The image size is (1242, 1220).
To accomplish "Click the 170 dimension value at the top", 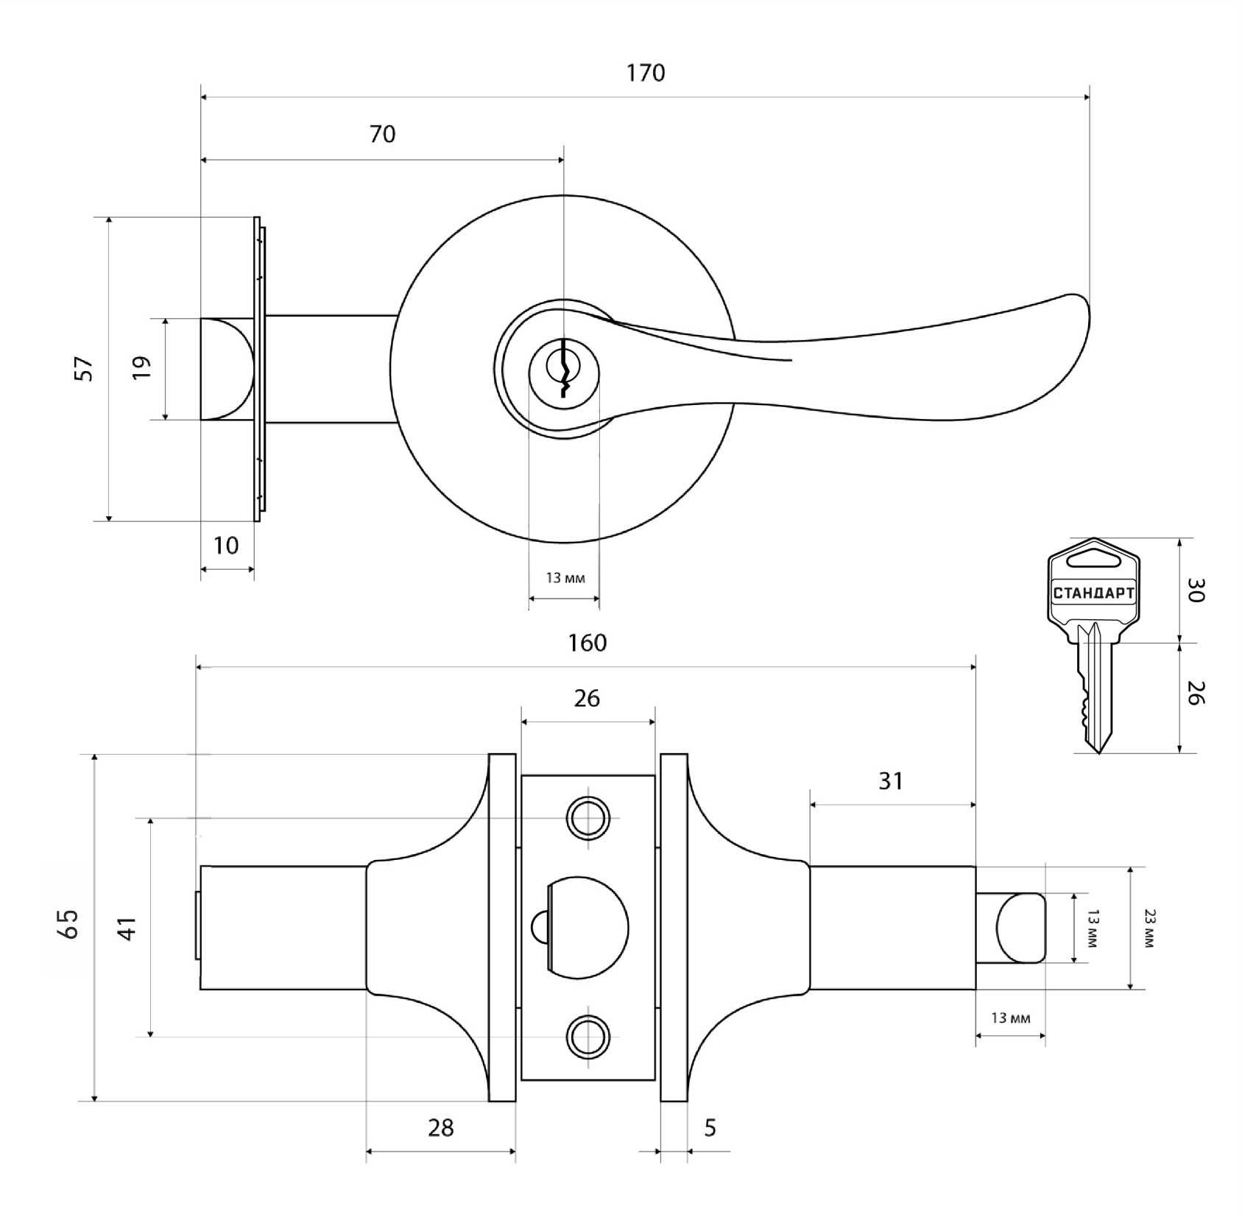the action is coord(645,72).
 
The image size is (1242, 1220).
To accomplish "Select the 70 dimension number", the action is coord(382,134).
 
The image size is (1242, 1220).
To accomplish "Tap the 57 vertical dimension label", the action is coord(85,368).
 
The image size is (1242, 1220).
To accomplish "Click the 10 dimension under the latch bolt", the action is coord(226,546).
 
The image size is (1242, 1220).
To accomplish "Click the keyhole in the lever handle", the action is coord(564,368).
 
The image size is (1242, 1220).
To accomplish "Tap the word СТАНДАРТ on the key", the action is coord(1093,593).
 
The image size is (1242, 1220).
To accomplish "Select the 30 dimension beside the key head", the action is coord(1196,590).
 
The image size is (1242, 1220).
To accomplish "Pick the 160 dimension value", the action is coord(587,643).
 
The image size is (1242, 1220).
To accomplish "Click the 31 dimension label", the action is coord(891,780).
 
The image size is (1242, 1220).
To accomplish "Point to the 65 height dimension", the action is coord(69,923).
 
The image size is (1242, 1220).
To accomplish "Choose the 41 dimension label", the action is coord(127,928).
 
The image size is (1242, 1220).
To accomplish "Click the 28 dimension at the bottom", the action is coord(440,1127).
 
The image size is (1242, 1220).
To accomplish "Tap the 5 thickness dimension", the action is coord(710,1127).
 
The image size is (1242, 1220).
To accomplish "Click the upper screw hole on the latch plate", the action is coord(588,817).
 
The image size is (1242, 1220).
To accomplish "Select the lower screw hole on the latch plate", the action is coord(588,1037).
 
